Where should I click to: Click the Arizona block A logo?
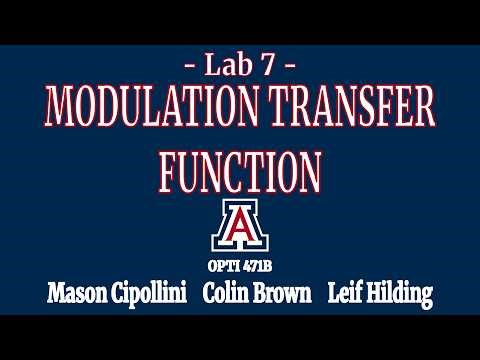(240, 228)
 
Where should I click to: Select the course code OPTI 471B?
(240, 265)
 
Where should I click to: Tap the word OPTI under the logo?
(224, 265)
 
